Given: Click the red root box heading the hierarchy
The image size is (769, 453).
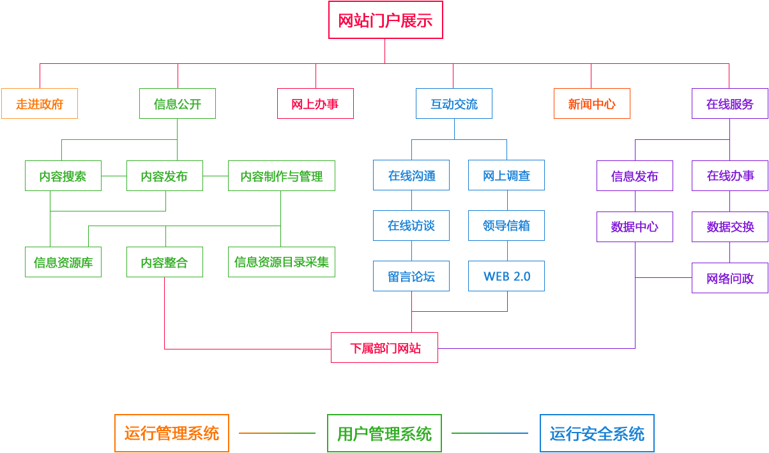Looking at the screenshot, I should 385,19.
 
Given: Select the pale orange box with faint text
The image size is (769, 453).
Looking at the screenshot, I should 39,103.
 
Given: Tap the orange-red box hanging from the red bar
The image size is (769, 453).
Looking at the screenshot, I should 591,103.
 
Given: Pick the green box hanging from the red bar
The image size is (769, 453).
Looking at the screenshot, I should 177,103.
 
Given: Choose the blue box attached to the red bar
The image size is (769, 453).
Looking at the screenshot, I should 453,103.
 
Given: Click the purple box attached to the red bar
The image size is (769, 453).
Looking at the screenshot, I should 729,103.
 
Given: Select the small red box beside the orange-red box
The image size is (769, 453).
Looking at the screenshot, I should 315,103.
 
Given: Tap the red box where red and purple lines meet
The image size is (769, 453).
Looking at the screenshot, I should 384,347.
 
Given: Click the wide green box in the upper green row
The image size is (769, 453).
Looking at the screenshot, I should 281,175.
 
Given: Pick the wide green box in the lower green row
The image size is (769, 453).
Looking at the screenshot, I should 281,261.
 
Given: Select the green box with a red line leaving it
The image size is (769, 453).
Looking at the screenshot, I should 164,261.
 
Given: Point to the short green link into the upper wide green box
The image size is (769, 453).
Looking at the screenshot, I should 215,175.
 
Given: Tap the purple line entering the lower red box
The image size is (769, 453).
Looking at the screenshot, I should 537,348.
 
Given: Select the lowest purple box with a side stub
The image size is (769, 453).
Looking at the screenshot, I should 729,277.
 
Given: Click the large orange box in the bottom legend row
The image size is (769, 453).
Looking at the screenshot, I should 171,433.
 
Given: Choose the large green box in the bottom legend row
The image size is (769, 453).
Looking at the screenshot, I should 384,433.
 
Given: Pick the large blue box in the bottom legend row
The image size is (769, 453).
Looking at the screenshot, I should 597,433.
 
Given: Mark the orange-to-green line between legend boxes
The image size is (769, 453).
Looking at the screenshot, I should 277,433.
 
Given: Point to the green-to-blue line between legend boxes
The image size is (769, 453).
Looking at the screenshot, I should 490,433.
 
